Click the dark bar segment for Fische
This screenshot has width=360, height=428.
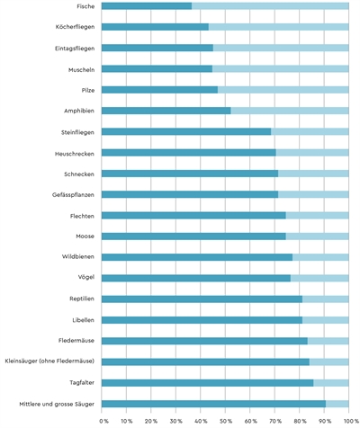point(147,6)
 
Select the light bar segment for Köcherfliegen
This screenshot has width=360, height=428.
point(279,27)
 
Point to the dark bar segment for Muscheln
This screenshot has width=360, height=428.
point(157,68)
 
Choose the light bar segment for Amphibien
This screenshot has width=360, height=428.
point(290,111)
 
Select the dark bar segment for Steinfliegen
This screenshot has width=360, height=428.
point(186,131)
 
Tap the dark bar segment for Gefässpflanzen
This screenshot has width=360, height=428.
point(190,194)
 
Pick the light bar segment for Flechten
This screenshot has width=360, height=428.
point(318,215)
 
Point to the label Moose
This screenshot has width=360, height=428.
point(85,236)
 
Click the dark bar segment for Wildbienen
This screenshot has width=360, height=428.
point(197,257)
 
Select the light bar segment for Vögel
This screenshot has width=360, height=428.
point(319,278)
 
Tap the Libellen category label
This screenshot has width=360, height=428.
point(82,320)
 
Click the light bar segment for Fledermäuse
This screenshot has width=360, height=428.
point(328,341)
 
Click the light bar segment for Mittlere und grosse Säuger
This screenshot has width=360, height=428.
point(337,404)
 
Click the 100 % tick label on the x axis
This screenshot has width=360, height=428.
point(350,421)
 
